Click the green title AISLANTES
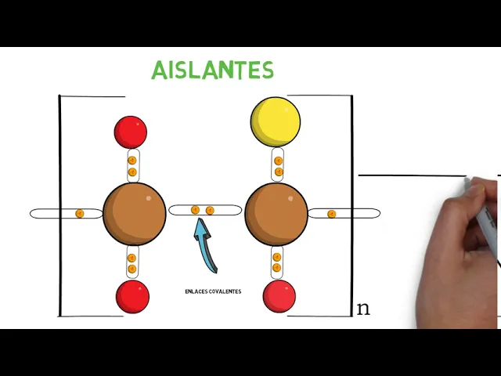[x=212, y=70]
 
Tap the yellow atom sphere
[x=276, y=121]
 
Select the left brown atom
[x=134, y=214]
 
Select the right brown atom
[x=276, y=214]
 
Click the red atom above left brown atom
[x=131, y=132]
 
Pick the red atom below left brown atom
[x=132, y=296]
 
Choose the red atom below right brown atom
[x=279, y=297]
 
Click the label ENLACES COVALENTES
[x=213, y=291]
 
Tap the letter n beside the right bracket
[x=362, y=309]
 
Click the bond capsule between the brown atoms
[x=205, y=210]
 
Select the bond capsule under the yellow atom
[x=279, y=166]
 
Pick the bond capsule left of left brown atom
[x=66, y=213]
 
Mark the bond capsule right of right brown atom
[x=344, y=213]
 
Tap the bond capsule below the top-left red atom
[x=132, y=165]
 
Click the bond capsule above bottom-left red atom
[x=132, y=262]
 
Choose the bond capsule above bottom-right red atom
[x=276, y=262]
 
